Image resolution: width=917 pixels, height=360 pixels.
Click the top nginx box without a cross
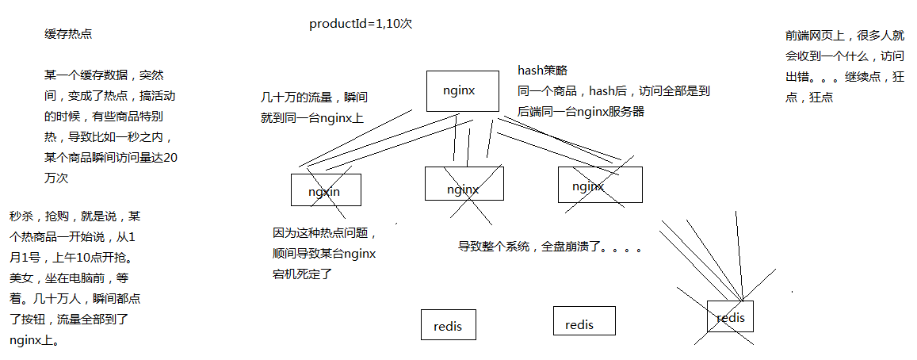(462, 91)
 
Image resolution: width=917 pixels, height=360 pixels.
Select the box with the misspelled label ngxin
(325, 190)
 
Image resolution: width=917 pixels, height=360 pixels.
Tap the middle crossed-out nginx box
(464, 184)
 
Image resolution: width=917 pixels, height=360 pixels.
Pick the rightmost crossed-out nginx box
(599, 185)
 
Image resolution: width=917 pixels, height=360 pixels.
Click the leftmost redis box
(448, 324)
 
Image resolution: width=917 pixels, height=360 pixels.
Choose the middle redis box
(584, 320)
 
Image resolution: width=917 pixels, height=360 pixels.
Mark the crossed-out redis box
(730, 316)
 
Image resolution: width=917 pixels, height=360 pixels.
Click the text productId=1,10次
(361, 24)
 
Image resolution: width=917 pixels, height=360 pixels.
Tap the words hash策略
(543, 71)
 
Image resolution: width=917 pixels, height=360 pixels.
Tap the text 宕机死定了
(302, 274)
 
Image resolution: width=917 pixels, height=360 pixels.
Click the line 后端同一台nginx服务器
(581, 112)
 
